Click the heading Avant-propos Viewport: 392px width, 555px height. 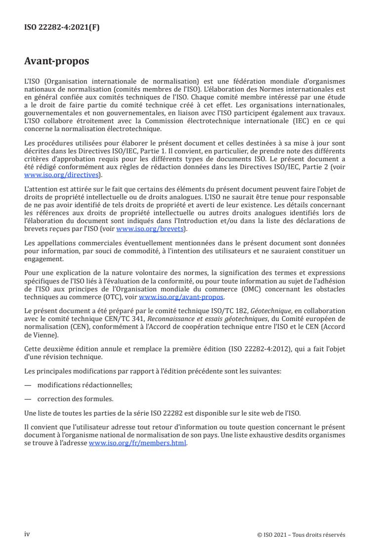(56, 62)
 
